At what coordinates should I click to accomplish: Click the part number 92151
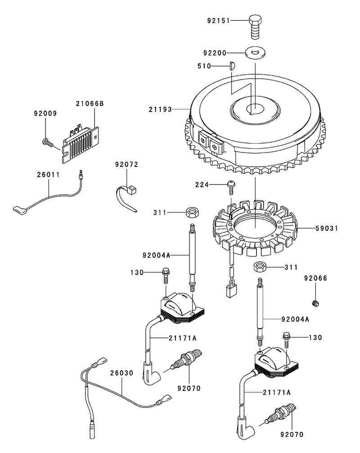click(218, 21)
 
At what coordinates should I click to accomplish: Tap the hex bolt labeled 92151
click(256, 27)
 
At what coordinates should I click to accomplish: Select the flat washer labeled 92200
click(256, 53)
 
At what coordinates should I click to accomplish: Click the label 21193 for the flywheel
click(160, 109)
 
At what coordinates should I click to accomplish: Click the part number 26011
click(48, 175)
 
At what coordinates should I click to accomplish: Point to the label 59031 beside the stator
click(327, 228)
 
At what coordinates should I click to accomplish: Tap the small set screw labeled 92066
click(316, 303)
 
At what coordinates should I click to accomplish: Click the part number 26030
click(121, 373)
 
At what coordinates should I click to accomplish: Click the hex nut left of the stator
click(192, 213)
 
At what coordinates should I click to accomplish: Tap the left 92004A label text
click(156, 255)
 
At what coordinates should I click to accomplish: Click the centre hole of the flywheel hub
click(256, 109)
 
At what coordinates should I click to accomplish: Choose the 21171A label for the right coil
click(276, 392)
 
